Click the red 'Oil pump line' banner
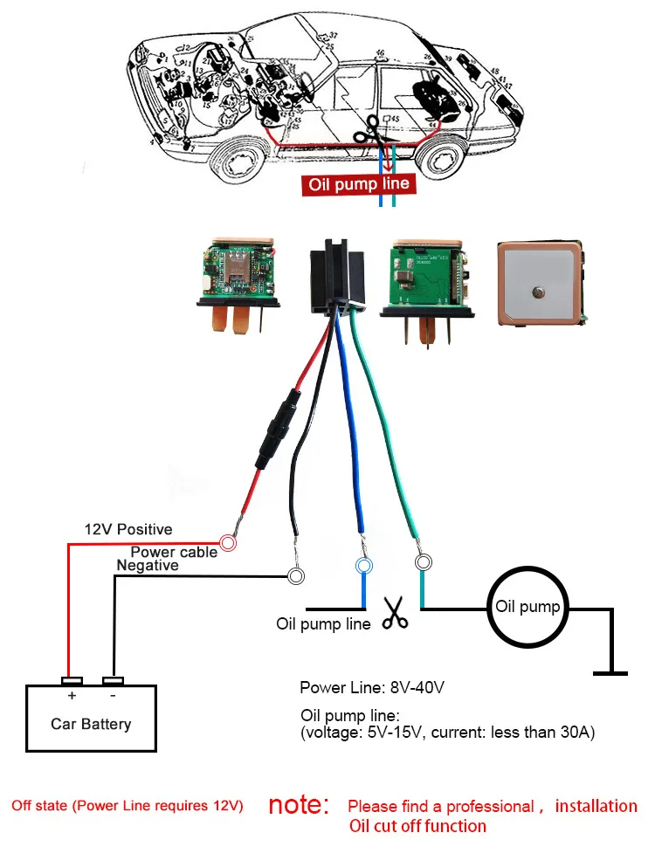coord(357,185)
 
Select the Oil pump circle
coord(527,607)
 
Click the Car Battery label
coord(91,724)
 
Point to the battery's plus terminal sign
coord(72,696)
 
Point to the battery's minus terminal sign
coord(113,696)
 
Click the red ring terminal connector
coord(229,543)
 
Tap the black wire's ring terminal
coord(296,576)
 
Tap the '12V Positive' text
coord(128,529)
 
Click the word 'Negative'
coord(148,566)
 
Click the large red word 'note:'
coord(299,805)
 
